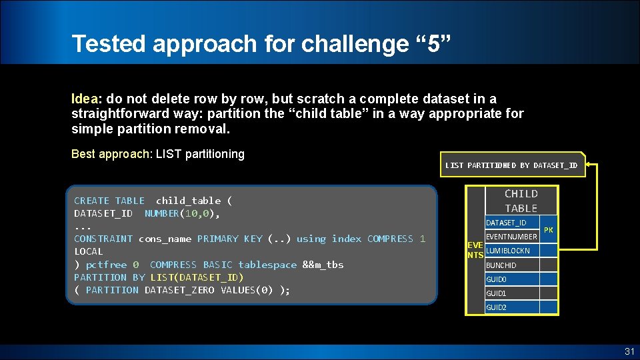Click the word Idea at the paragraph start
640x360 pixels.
click(x=85, y=98)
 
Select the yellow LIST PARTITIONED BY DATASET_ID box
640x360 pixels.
click(x=511, y=165)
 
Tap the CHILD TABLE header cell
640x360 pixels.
click(x=521, y=201)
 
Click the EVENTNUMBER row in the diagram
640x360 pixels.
click(x=511, y=237)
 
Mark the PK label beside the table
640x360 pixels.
click(x=549, y=230)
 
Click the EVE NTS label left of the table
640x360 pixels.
click(x=475, y=251)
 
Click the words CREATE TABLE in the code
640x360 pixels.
click(x=109, y=201)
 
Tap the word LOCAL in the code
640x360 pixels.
click(x=89, y=252)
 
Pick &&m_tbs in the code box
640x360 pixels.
click(x=323, y=265)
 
